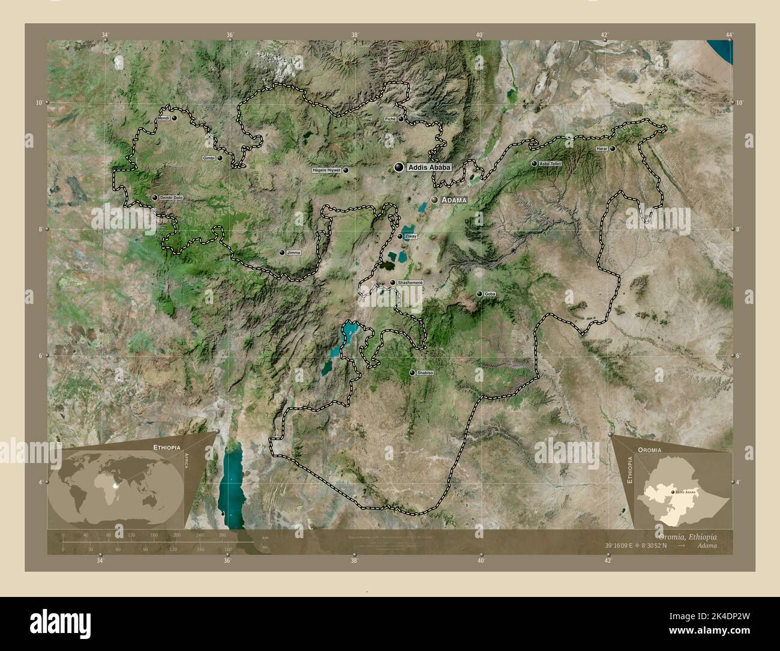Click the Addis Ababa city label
pos(428,168)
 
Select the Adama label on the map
pos(454,199)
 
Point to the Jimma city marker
pos(282,253)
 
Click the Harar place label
pos(602,148)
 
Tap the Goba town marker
pos(479,294)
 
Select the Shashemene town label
pos(410,282)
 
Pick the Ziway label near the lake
pos(411,237)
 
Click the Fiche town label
pos(390,119)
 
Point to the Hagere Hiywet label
pos(326,170)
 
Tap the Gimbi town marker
pos(220,159)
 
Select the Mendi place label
pos(164,118)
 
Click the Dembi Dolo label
pos(172,198)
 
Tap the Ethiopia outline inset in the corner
pos(681,492)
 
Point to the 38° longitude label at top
pos(355,35)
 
